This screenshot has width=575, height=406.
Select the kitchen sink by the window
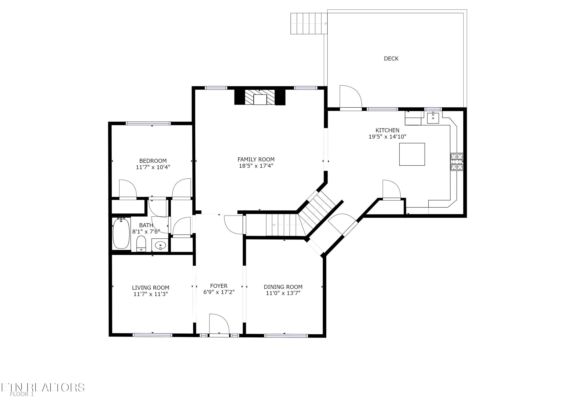433,118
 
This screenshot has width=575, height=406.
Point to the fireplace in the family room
260,98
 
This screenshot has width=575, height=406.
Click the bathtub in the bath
121,233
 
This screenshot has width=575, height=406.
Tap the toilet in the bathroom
141,244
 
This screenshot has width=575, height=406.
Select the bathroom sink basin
160,245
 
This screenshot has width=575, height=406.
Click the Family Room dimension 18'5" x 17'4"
256,166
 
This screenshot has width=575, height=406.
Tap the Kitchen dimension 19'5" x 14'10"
387,137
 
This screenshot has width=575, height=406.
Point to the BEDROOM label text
153,161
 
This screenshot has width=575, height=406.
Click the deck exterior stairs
309,24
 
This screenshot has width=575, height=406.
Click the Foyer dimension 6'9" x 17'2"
219,292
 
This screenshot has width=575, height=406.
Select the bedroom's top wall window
148,123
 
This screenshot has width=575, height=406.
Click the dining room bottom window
286,336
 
